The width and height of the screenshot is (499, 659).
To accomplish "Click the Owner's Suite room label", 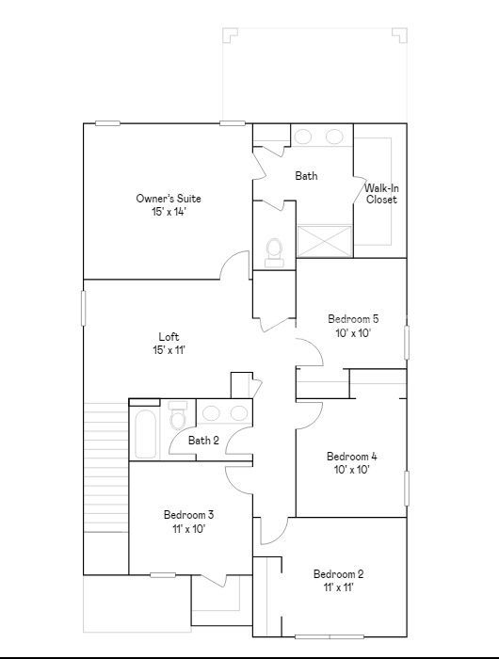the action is [x=169, y=199].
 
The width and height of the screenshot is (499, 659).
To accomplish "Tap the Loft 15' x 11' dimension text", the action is [x=169, y=349].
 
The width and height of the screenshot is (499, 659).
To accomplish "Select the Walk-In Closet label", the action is [x=381, y=194].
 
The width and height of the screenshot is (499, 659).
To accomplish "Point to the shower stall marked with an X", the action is [x=324, y=241].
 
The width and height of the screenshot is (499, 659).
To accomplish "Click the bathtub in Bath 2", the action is [x=146, y=434].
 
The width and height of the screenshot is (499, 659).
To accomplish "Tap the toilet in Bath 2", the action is [x=177, y=414].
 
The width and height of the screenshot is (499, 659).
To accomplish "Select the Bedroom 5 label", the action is [x=353, y=319].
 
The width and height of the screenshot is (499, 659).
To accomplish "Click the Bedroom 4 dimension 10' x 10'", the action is [x=352, y=470].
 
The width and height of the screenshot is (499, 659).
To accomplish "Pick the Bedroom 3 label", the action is [x=188, y=514].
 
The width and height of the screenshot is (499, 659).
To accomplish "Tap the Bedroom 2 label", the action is [x=338, y=574].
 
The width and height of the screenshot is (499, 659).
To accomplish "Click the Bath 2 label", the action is [x=203, y=441].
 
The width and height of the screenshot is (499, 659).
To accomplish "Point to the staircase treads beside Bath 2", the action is [x=106, y=467].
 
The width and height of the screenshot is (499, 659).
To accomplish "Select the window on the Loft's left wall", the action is [x=83, y=308].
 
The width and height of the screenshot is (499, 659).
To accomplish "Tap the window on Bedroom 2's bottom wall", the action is [x=330, y=637].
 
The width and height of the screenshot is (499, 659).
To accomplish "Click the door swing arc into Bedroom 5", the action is [x=315, y=346].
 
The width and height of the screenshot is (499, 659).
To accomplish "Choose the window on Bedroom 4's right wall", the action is [x=407, y=489].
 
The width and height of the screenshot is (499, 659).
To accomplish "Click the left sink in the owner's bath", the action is [x=302, y=137].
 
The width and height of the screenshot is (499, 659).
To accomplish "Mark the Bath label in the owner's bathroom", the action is [x=306, y=176].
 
